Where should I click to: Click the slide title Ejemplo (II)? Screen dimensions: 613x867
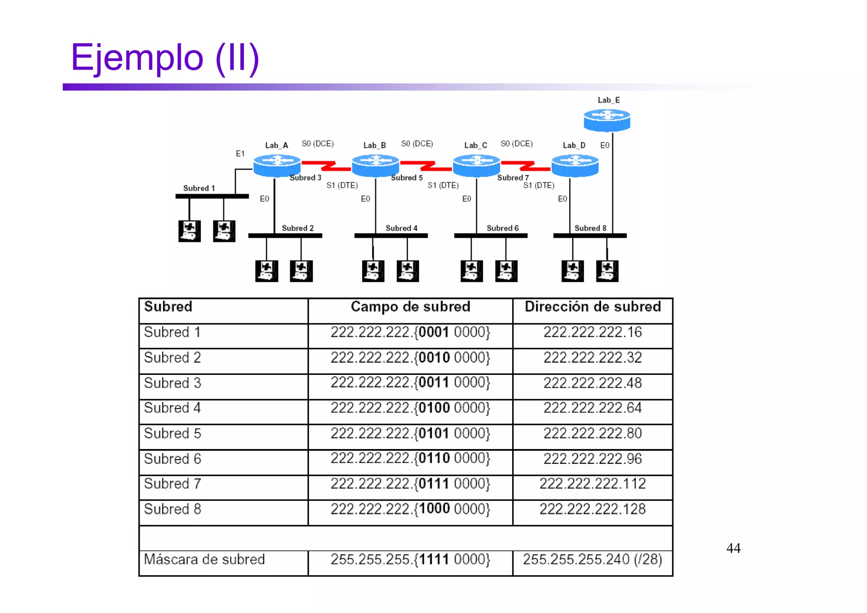tap(165, 58)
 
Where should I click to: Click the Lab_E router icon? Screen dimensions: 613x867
tap(607, 120)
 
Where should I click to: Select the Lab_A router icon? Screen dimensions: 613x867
tap(277, 165)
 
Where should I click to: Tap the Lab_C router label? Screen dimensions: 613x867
tap(475, 145)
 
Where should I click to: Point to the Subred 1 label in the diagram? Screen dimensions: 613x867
tap(199, 188)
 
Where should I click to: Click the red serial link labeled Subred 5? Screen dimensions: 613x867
tap(426, 166)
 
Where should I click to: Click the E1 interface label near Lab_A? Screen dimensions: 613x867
tap(240, 153)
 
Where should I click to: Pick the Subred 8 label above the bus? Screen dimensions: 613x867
tap(590, 228)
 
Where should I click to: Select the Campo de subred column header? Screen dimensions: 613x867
tap(410, 307)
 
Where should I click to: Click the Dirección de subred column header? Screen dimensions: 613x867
tap(593, 307)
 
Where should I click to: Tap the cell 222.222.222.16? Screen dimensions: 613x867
tap(593, 332)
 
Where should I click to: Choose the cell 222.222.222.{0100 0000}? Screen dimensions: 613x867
tap(410, 408)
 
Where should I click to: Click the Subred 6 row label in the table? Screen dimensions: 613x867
tap(172, 459)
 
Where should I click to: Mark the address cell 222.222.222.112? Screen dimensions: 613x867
tap(593, 484)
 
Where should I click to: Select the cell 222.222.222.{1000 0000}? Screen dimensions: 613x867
tap(410, 509)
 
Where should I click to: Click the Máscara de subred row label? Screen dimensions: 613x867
tap(204, 559)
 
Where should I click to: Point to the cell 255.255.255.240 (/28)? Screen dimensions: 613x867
tap(593, 559)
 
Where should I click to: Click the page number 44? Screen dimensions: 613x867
tap(733, 548)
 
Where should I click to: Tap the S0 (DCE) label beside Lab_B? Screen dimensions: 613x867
tap(417, 144)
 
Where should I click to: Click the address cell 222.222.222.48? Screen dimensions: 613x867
tap(593, 383)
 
